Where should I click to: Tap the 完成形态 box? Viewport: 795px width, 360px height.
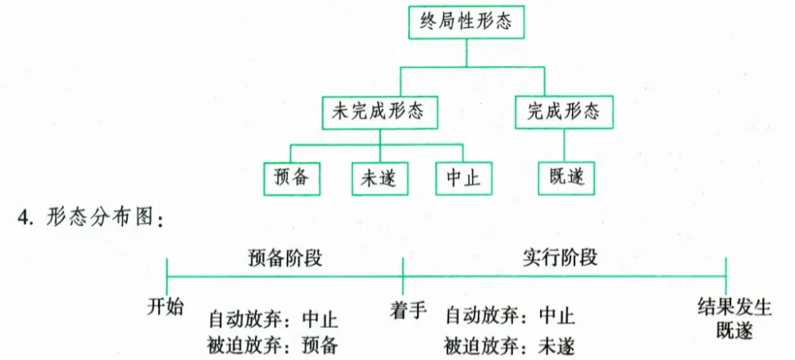pos(563,111)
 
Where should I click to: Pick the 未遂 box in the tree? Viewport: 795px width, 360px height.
pos(379,177)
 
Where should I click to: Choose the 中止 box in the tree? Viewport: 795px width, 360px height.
pos(463,177)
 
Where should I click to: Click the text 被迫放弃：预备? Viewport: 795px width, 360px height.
pos(273,344)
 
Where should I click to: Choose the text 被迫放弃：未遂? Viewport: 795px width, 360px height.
pos(510,344)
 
